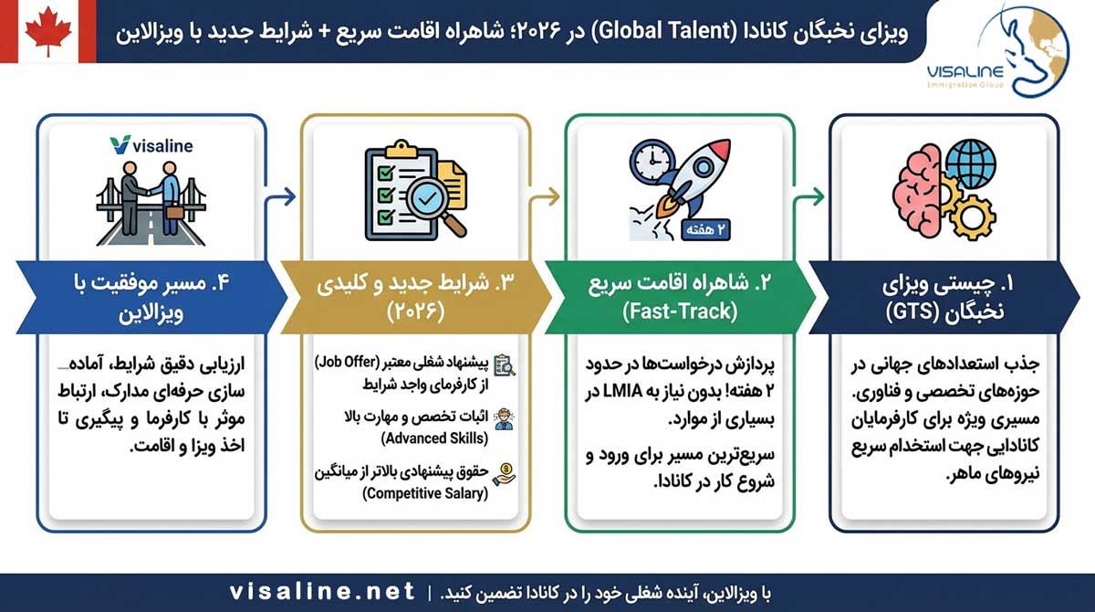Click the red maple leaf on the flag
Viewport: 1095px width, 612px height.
[x=48, y=31]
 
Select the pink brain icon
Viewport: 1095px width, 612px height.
[x=917, y=191]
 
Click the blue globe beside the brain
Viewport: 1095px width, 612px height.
[x=971, y=164]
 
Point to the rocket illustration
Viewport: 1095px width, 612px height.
[x=694, y=178]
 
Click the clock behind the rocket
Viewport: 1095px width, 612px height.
[x=652, y=162]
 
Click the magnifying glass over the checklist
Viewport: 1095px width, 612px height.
[x=433, y=206]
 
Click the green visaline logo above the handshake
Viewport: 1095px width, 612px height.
[x=151, y=145]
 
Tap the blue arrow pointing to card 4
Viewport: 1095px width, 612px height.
[x=280, y=196]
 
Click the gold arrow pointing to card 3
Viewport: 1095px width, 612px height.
[x=544, y=196]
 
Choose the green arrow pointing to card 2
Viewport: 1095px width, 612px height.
[x=809, y=196]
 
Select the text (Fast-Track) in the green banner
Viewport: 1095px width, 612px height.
[x=680, y=311]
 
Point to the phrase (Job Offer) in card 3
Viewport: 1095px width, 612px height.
[x=347, y=363]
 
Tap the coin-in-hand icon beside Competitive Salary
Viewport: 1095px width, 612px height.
[x=504, y=474]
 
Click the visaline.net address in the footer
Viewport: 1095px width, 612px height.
[x=323, y=592]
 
